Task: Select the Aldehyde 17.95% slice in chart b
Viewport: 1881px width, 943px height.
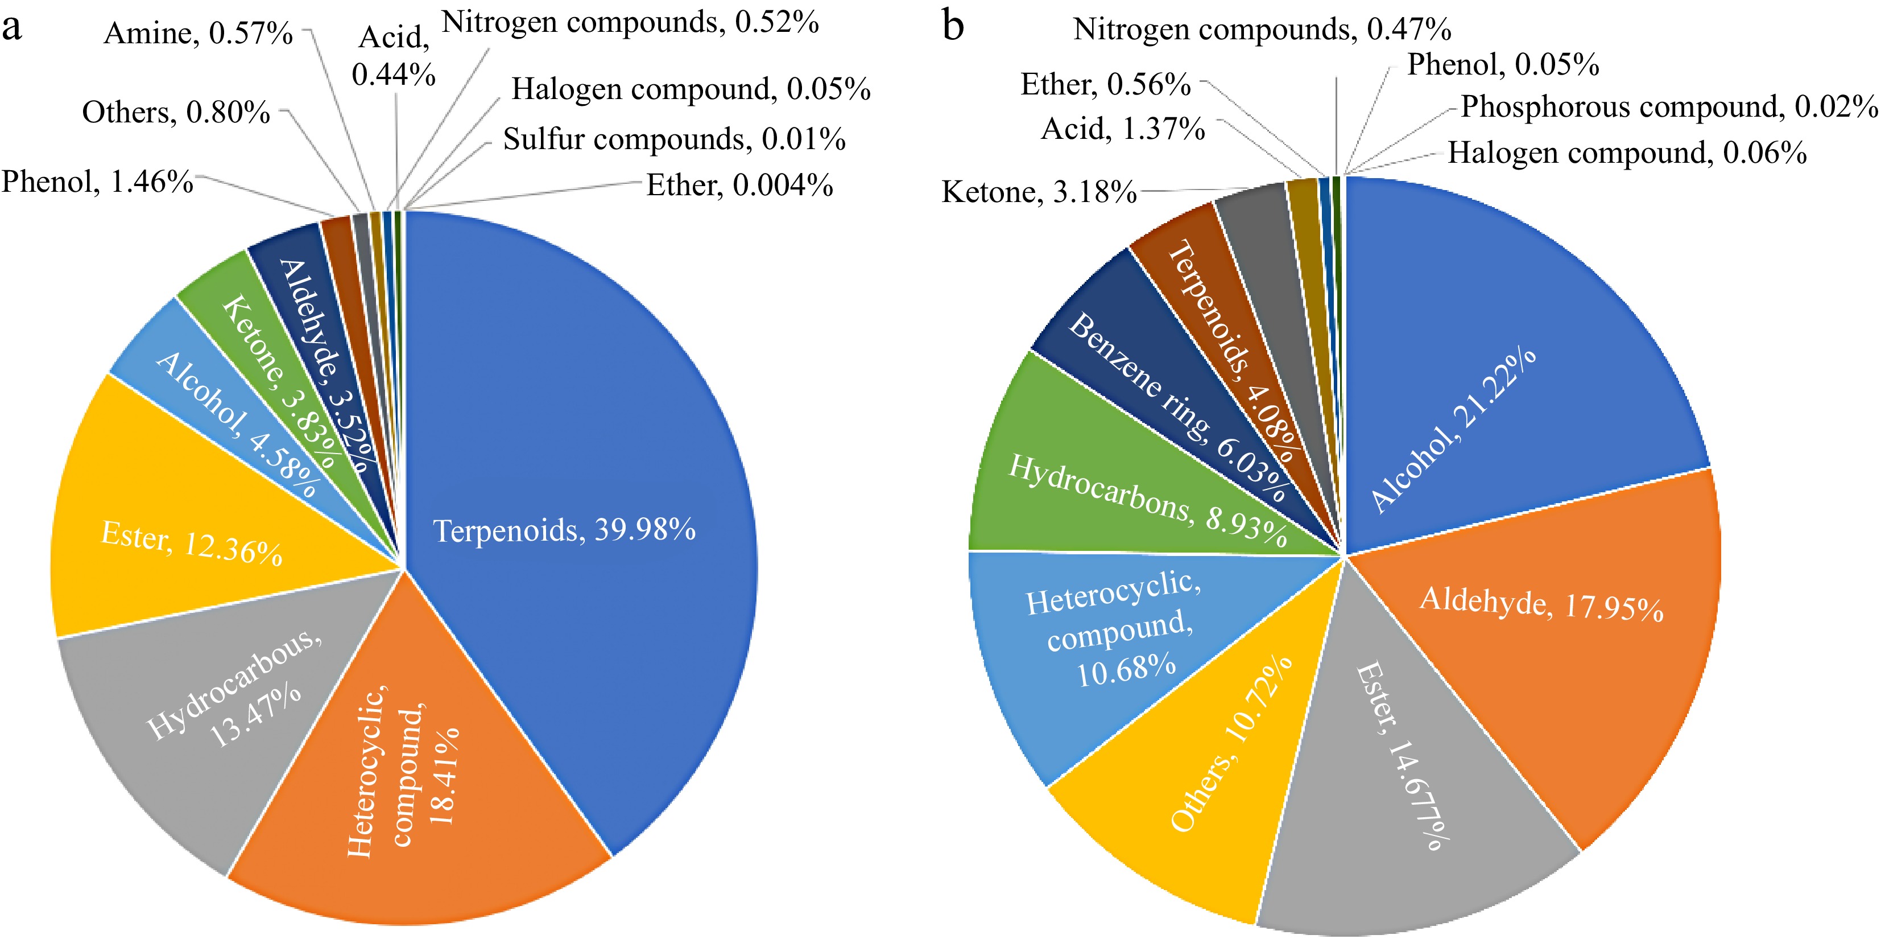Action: click(x=1570, y=657)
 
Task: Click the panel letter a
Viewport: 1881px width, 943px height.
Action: click(x=12, y=28)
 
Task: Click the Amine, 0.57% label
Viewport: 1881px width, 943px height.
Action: click(x=198, y=34)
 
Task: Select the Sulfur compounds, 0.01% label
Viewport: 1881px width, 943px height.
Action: click(x=674, y=139)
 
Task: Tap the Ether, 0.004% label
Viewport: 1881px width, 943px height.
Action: click(x=739, y=186)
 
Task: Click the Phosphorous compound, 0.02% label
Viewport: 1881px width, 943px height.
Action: click(x=1668, y=108)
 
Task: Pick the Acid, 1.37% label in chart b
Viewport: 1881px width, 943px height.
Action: click(x=1122, y=129)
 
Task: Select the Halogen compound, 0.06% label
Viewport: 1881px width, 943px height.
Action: click(x=1627, y=154)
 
